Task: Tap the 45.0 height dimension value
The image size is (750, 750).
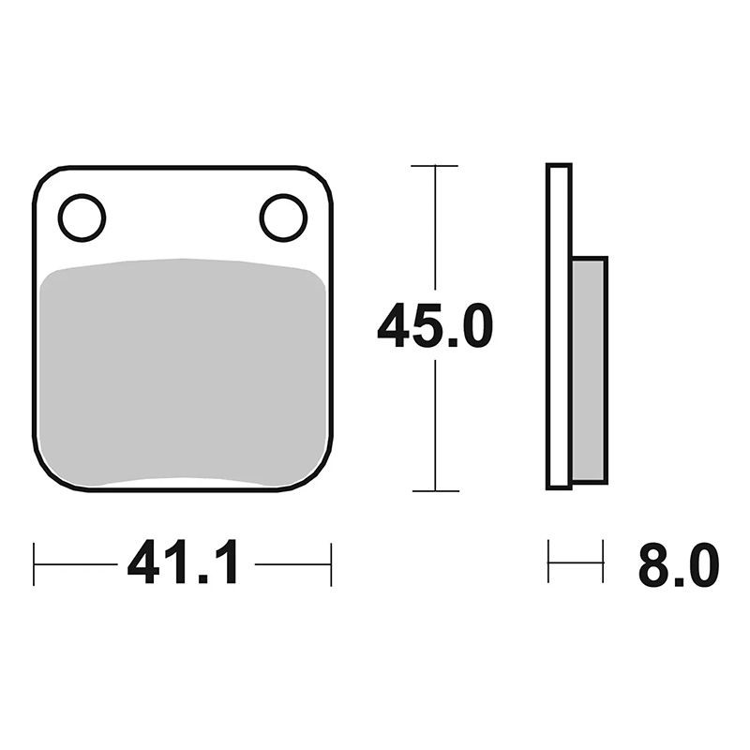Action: pos(435,325)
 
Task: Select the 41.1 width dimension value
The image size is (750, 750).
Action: pos(182,562)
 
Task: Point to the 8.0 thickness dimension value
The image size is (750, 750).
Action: pos(678,564)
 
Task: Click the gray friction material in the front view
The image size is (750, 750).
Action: pos(183,372)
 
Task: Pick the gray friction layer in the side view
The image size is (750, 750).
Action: pos(590,370)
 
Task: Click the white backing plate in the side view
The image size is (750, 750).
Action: pos(559,326)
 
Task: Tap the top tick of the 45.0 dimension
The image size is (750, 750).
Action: pos(434,166)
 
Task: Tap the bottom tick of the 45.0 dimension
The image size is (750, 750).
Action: pos(435,490)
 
